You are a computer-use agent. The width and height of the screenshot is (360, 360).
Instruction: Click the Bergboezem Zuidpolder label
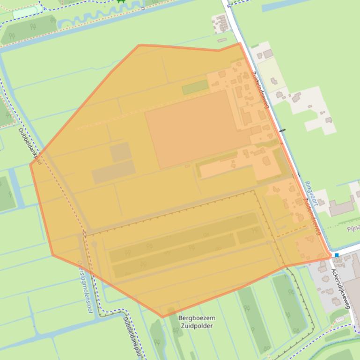click(x=196, y=322)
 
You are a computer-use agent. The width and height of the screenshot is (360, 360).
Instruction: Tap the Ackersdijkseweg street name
click(x=341, y=288)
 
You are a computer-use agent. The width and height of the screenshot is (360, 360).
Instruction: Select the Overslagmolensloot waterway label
click(x=85, y=286)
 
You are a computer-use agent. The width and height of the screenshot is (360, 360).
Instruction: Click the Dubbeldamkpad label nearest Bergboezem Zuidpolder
click(x=132, y=336)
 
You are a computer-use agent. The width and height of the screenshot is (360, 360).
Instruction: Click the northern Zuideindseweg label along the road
click(x=260, y=89)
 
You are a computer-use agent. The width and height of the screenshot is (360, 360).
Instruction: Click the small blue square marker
click(x=336, y=255)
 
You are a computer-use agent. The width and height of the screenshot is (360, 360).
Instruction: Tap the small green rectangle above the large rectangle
click(x=195, y=86)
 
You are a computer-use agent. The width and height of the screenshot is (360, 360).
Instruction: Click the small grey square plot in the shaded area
click(x=120, y=152)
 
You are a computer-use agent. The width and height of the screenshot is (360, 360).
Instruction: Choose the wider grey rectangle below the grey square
click(x=113, y=172)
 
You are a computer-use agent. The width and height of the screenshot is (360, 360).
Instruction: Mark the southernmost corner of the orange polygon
click(x=162, y=317)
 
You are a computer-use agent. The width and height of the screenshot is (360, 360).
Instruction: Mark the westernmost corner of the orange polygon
click(x=30, y=164)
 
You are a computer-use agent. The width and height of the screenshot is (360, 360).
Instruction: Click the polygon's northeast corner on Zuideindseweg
click(x=240, y=43)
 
